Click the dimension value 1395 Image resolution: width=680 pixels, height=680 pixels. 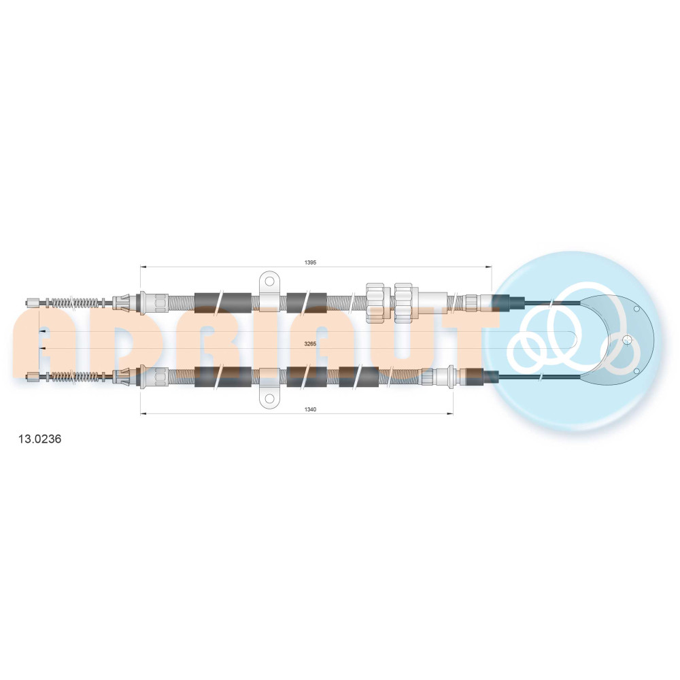pos(310,262)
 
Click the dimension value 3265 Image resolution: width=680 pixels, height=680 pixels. pos(310,344)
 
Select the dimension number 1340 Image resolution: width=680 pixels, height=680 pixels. pos(310,409)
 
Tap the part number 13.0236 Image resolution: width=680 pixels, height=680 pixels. pos(40,439)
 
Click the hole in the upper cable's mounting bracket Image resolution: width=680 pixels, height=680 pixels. pos(269,282)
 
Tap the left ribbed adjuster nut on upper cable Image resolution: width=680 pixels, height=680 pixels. pos(375,303)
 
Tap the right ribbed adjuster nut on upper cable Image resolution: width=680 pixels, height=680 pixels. pos(403,303)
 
